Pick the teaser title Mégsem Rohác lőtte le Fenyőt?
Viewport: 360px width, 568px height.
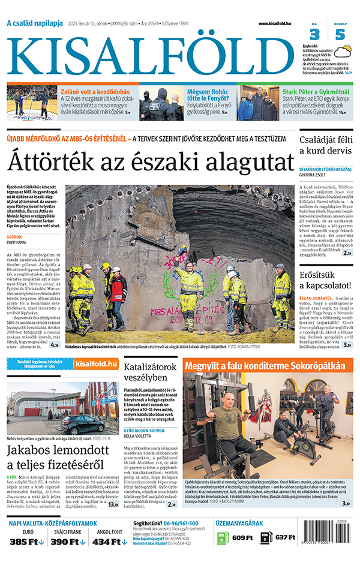click(x=202, y=96)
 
